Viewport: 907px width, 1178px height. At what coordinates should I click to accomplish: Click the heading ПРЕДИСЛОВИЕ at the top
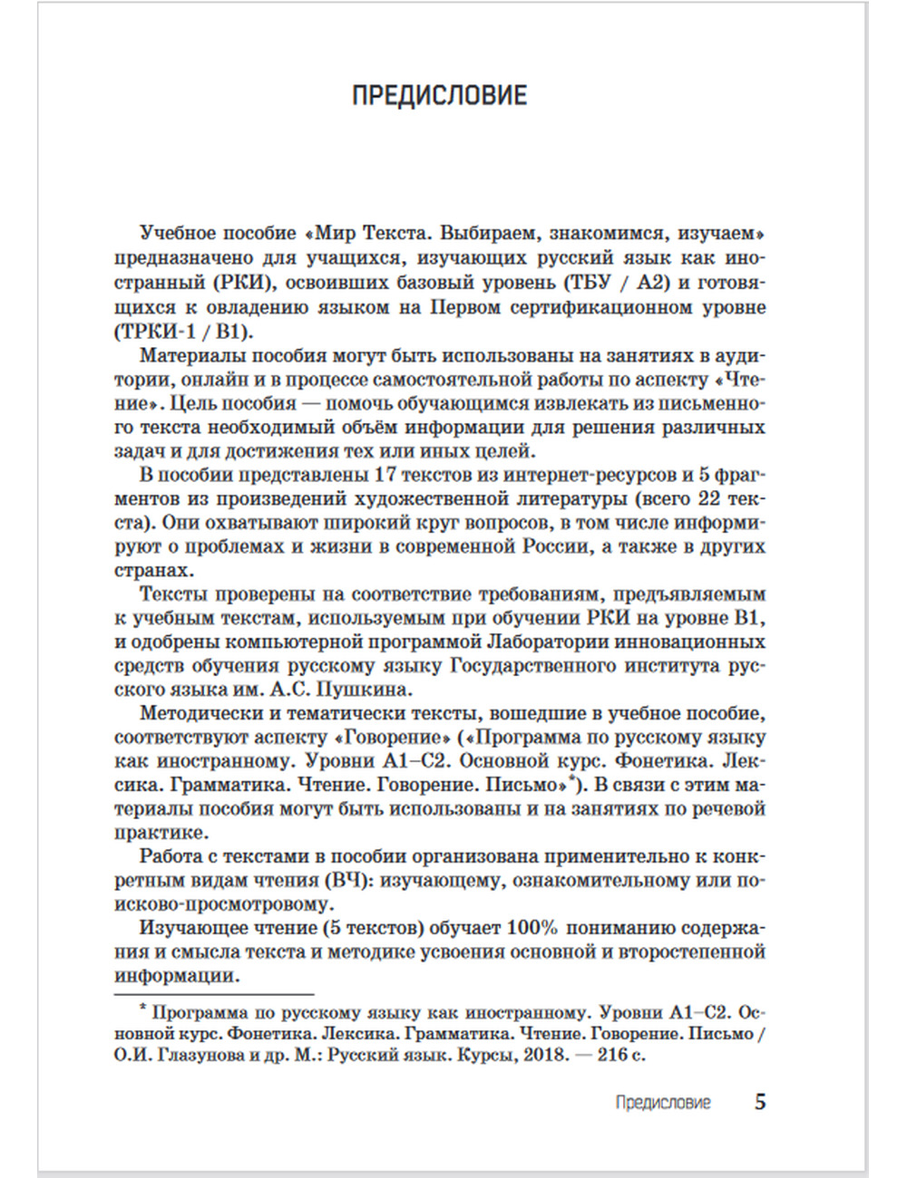[439, 95]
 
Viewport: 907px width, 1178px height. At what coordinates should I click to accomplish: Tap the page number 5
[760, 1102]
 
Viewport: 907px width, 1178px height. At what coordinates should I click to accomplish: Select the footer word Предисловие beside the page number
[662, 1103]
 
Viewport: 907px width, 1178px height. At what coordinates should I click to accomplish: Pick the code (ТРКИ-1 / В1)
[185, 330]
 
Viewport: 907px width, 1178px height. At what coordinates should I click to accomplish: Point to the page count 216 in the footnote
[611, 1055]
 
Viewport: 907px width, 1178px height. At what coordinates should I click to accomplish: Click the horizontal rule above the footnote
[214, 993]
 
